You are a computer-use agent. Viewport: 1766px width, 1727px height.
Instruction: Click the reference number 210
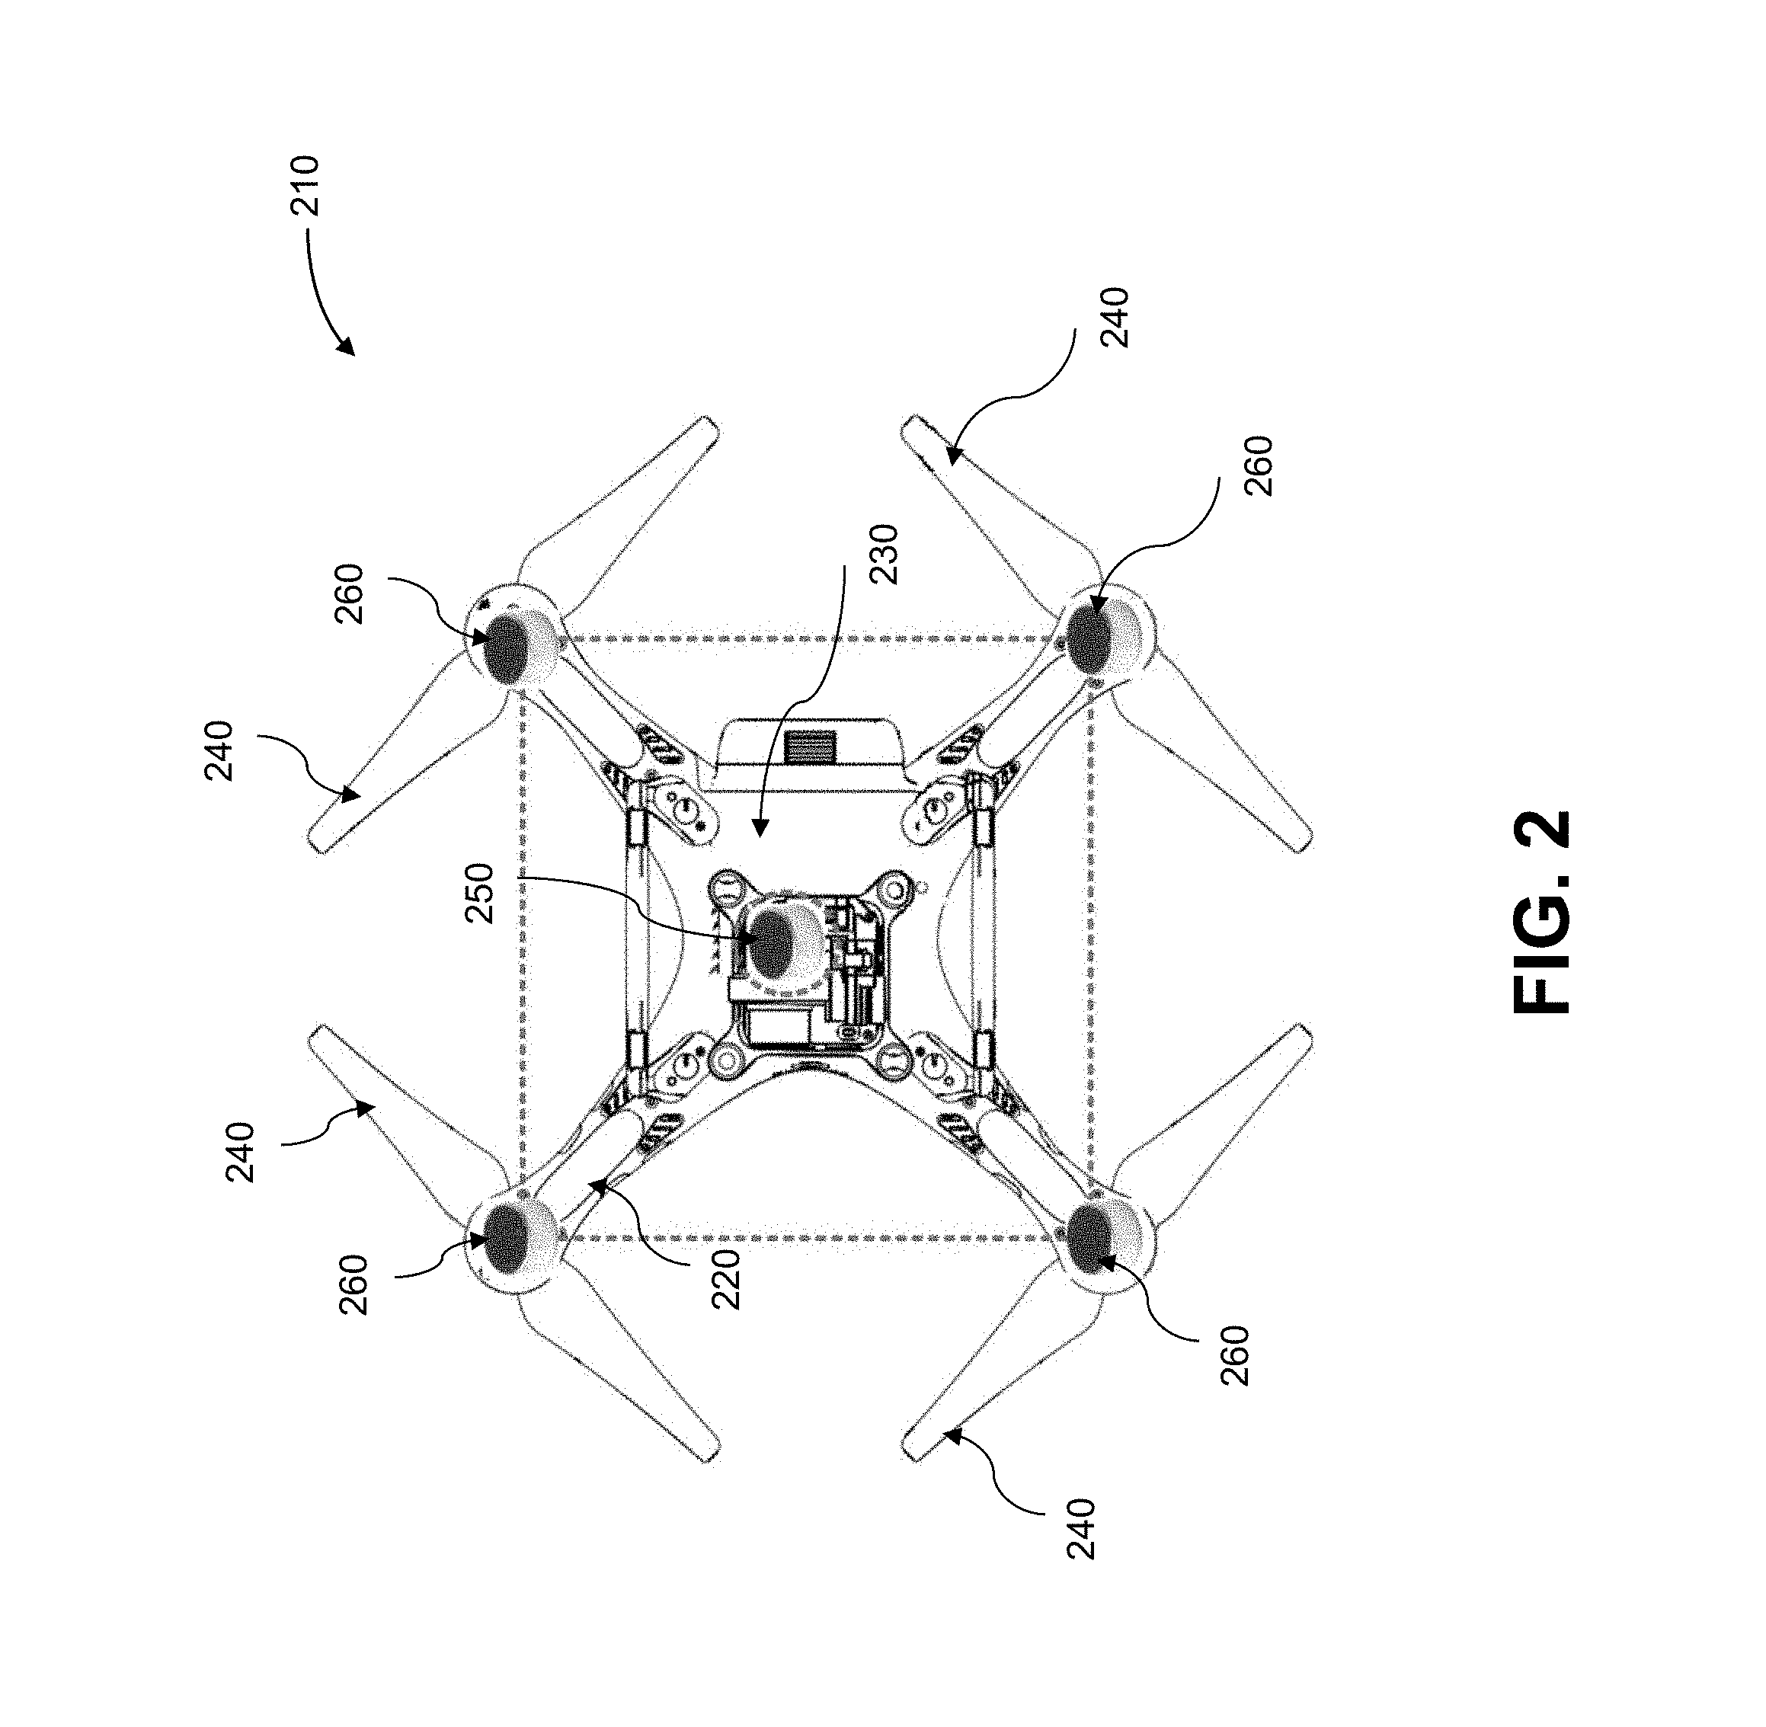[305, 186]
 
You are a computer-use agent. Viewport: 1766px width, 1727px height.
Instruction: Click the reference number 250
[480, 894]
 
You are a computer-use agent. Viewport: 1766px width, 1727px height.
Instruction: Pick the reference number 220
[727, 1279]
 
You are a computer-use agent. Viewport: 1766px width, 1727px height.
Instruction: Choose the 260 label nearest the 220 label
[353, 1284]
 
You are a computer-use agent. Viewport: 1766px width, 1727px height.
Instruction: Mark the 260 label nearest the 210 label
[348, 594]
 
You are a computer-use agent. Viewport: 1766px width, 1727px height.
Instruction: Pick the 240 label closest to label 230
[1114, 317]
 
